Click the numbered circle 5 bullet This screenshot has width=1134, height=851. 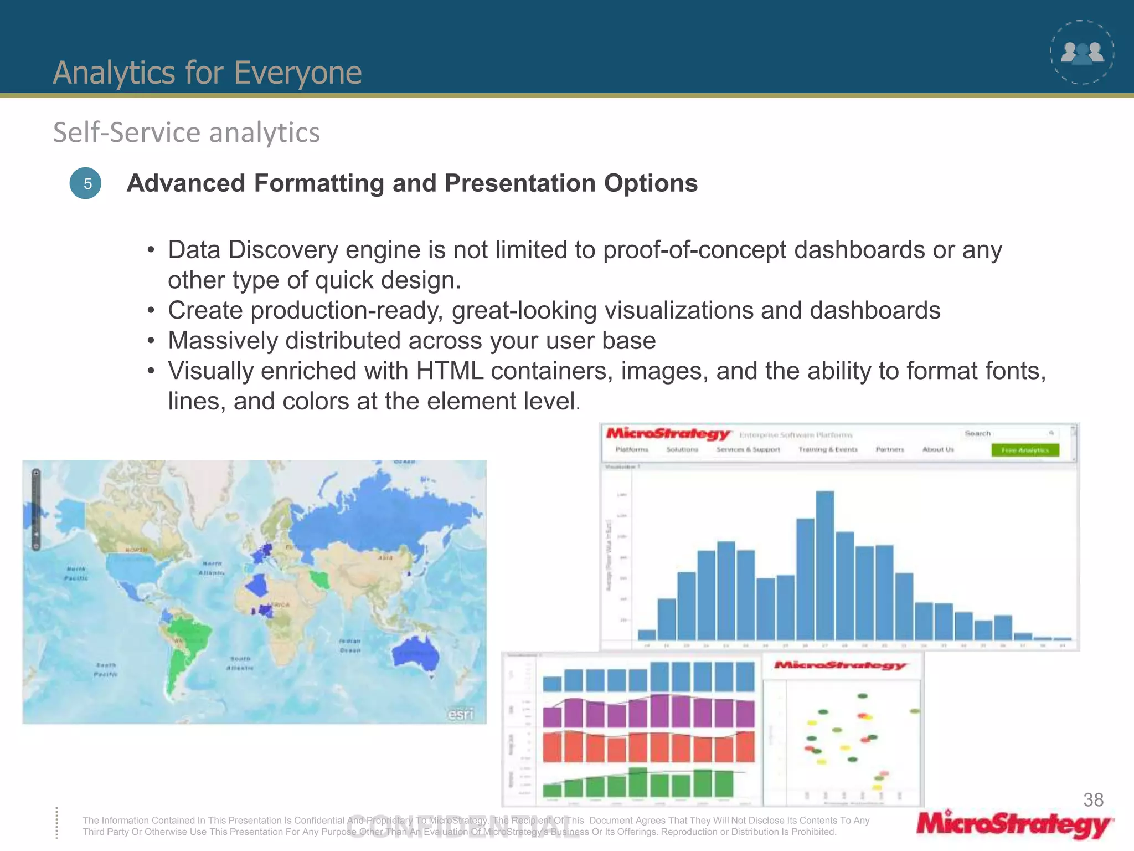point(85,183)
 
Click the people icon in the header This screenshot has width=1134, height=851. point(1082,53)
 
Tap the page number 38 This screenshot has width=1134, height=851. point(1093,799)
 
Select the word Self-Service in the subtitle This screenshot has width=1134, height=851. point(126,132)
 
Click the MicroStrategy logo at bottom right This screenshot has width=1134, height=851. point(1014,825)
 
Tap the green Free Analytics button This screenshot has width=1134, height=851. point(1025,450)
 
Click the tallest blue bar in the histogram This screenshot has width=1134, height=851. point(824,565)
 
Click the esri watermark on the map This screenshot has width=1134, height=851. point(461,714)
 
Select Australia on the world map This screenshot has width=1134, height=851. point(415,651)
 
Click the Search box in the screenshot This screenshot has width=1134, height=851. point(1008,433)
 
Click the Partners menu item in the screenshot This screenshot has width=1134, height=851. point(889,449)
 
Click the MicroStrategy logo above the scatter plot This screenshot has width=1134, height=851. point(840,665)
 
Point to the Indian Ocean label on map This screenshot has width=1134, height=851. point(350,645)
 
